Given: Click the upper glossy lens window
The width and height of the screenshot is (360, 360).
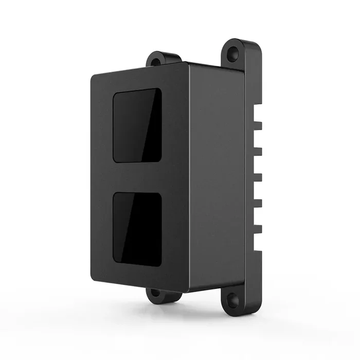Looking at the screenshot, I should [x=137, y=125].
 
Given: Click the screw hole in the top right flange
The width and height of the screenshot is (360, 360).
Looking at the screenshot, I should [x=235, y=52].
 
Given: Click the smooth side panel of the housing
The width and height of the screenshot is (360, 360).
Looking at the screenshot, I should [x=216, y=175].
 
